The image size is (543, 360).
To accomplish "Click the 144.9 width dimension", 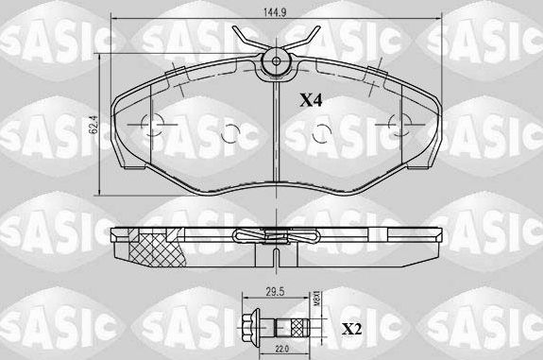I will pos(274,13).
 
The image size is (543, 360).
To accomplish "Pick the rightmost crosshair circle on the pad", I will pos(397,123).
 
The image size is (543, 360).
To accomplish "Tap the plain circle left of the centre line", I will pos(227,134).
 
